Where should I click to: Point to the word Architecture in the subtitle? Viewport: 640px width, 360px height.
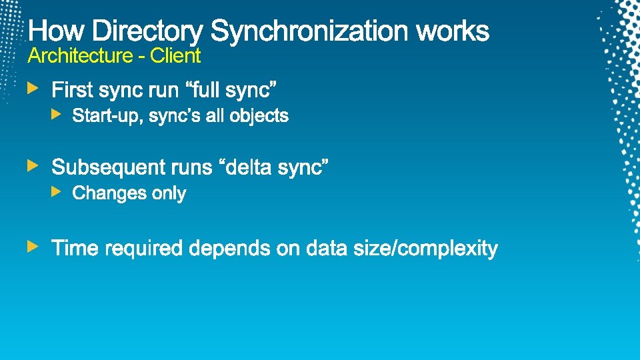click(81, 56)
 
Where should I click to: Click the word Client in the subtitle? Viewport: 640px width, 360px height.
click(175, 56)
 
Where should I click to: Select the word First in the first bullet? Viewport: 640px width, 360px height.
click(72, 89)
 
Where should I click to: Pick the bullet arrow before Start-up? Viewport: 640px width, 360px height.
click(57, 115)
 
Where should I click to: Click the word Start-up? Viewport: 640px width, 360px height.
click(107, 116)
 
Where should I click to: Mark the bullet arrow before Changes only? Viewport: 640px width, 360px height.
click(57, 192)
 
